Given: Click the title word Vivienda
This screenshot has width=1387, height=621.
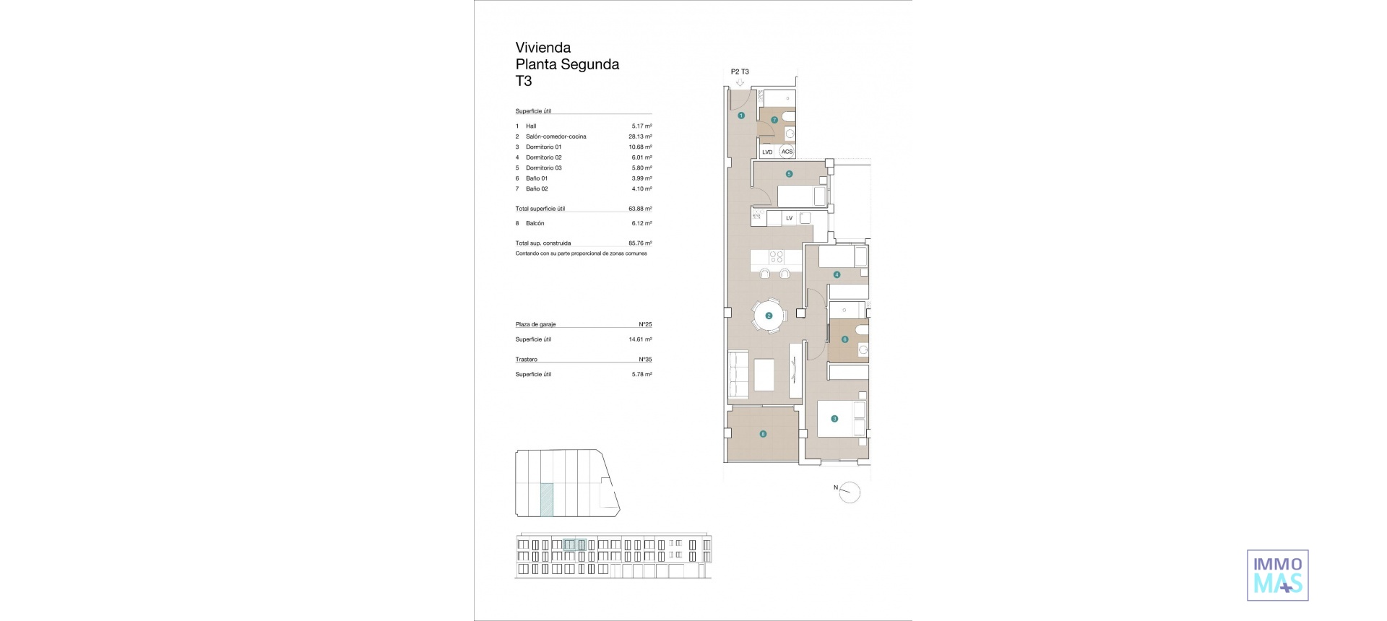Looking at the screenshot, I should (543, 48).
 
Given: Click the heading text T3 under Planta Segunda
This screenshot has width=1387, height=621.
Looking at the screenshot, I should (523, 81).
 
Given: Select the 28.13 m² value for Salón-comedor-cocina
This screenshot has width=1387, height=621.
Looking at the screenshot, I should (640, 136).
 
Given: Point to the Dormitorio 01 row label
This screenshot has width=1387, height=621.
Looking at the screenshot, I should (543, 147).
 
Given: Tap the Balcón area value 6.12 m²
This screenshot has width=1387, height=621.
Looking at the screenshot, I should (641, 223).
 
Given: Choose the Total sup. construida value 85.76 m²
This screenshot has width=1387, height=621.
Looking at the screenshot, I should (640, 243).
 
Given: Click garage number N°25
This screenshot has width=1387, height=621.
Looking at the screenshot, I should (645, 325).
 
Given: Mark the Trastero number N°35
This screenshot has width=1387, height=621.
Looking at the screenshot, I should (645, 360).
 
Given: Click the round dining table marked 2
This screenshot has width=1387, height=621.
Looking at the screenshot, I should (769, 316).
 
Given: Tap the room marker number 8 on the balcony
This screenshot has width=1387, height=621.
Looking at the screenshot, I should (763, 434).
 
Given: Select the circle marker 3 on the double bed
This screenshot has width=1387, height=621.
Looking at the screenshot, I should (834, 419).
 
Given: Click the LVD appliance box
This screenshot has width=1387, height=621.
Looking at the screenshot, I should (767, 152).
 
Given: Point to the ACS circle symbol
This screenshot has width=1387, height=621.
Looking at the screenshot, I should (787, 152).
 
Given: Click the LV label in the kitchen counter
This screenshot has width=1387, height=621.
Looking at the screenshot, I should (789, 218).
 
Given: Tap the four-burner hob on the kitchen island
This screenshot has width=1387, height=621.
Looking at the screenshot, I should (776, 256).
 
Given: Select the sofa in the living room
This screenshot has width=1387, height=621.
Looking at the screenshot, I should (738, 374).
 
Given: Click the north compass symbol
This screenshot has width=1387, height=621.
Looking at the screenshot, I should (850, 492).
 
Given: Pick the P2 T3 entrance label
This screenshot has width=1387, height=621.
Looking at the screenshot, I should (740, 71).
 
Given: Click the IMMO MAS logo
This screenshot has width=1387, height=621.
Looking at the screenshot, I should (1277, 576).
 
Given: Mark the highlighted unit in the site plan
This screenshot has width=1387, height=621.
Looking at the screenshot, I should (547, 500).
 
